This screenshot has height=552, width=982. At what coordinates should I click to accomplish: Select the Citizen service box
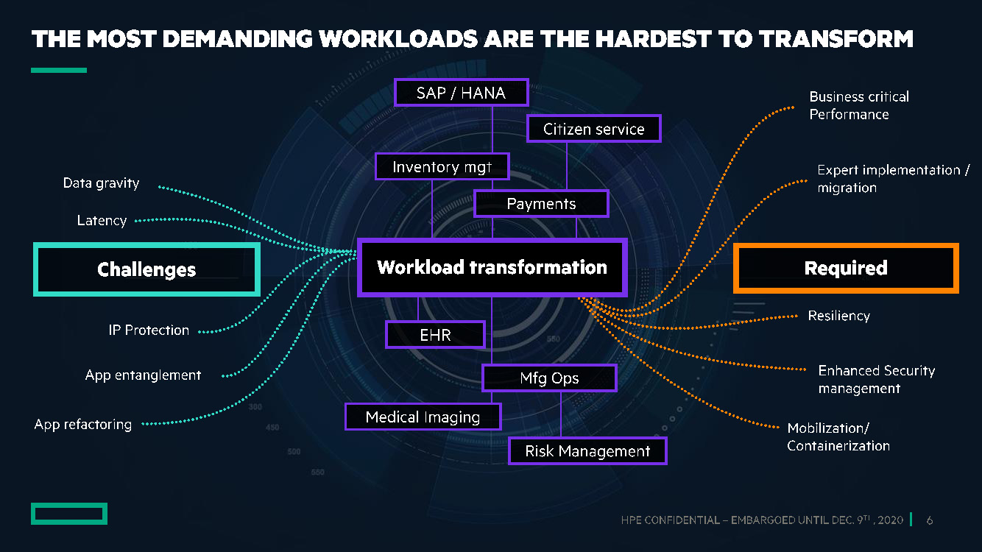[x=593, y=129]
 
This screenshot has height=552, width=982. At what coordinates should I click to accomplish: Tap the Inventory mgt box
[x=442, y=166]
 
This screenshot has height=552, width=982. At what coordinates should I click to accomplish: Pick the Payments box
[x=541, y=204]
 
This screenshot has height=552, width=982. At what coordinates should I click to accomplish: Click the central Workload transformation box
[x=492, y=267]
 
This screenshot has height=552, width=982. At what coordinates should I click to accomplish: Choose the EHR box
[x=435, y=336]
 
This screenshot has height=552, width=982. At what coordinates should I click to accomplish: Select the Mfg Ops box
[x=549, y=378]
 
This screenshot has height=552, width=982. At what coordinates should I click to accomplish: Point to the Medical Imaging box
[x=423, y=417]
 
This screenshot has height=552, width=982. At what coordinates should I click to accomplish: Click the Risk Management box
[x=587, y=451]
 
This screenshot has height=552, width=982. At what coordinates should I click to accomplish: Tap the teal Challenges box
[x=146, y=270]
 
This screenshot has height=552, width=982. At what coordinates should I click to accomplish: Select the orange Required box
[x=846, y=269]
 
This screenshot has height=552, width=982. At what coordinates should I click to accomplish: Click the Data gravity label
[x=101, y=183]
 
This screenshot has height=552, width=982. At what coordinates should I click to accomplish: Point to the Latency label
[x=102, y=221]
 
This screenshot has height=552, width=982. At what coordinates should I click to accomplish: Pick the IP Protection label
[x=149, y=330]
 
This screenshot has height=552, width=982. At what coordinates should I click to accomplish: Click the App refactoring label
[x=83, y=425]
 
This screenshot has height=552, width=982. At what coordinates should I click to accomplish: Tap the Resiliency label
[x=838, y=316]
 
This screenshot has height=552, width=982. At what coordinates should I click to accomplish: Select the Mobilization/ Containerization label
[x=838, y=437]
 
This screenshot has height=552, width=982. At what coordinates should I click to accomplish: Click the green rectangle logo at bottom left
[x=69, y=514]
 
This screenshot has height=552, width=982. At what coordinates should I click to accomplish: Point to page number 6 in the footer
[x=930, y=520]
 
